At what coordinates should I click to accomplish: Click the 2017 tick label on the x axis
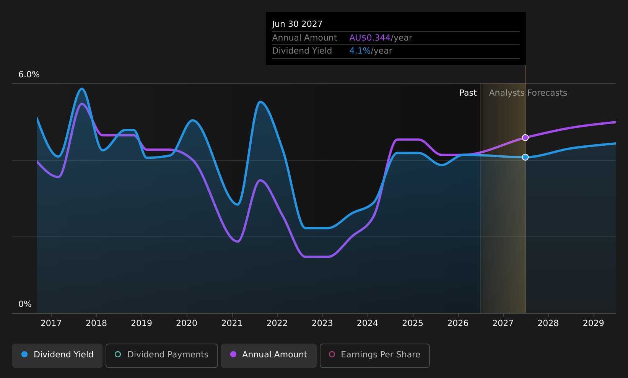click(51, 323)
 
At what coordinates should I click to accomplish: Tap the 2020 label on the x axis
click(187, 323)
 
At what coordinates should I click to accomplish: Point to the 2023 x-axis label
click(322, 323)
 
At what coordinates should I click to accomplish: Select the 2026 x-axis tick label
click(458, 323)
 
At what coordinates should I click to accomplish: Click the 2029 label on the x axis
click(594, 323)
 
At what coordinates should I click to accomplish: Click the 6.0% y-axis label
click(29, 75)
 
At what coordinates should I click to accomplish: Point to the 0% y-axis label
click(25, 304)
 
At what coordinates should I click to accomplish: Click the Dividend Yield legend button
click(57, 355)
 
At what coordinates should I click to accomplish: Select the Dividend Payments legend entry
click(162, 355)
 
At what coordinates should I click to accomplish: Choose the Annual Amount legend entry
click(269, 355)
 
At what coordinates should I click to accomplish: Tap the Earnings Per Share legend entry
click(374, 355)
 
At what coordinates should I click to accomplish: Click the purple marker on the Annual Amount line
click(526, 138)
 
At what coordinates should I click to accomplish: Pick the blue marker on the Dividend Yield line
click(526, 157)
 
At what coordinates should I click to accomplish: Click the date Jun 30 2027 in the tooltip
click(297, 24)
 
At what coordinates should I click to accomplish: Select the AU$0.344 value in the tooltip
click(370, 38)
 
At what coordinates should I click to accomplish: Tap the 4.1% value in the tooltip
click(360, 51)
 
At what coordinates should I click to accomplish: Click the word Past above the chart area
click(468, 93)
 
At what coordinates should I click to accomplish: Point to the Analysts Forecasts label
click(528, 93)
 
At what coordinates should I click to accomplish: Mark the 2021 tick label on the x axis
click(232, 323)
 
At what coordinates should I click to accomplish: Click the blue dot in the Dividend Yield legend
click(25, 354)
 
